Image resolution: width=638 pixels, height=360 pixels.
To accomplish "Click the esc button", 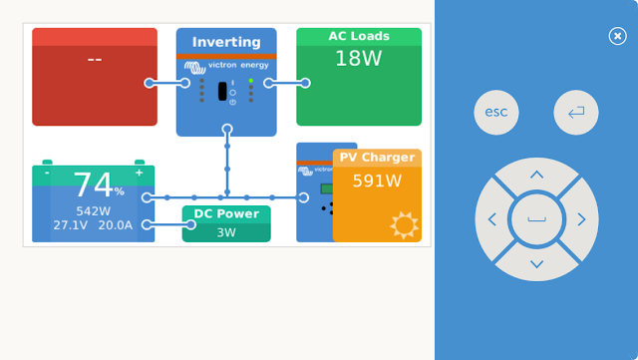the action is point(496,112).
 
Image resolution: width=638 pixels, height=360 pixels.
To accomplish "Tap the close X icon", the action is point(617,36).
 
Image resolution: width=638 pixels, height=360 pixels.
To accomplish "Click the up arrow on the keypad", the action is point(536,176).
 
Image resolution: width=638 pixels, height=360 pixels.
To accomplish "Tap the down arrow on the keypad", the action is point(536,264).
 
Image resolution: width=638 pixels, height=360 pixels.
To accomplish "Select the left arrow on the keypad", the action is point(492,219).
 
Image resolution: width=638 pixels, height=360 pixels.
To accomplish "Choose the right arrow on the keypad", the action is point(581,219).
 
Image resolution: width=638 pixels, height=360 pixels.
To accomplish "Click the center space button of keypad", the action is point(536,219).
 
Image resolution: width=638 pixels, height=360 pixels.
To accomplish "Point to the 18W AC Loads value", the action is point(358,59).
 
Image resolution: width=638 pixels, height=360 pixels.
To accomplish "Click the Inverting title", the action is point(226,42).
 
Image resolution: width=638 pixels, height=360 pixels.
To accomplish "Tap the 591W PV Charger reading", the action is point(377,180).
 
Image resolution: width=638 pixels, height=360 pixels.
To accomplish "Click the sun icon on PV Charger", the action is point(404,225).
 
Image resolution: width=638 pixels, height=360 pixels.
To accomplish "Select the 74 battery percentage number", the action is point(93,184).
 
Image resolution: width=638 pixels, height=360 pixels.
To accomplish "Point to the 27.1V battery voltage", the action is point(71,225).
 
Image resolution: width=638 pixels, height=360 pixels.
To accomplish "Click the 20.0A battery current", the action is point(116,225).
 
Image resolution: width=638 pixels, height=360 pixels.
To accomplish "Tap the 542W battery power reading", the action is point(93,211).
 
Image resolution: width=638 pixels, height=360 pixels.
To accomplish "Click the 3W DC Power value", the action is point(226,232).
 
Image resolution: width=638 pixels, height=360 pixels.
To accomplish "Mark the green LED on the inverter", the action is point(251,81).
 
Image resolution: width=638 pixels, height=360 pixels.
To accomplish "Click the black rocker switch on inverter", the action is point(222,91).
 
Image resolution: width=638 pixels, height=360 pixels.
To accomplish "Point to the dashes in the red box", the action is point(95,60).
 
